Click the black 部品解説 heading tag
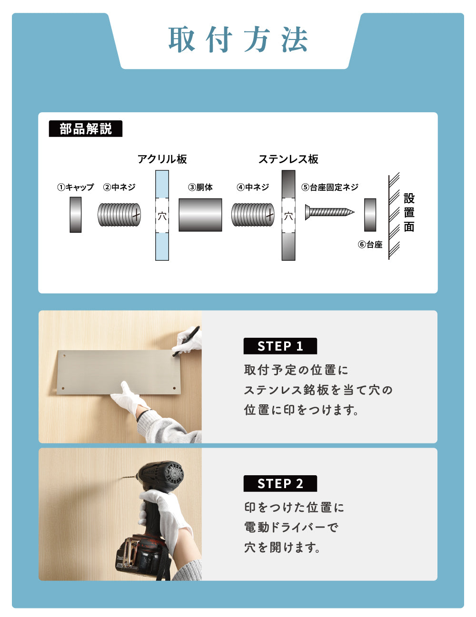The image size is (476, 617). [x=86, y=129]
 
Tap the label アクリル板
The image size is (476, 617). [x=162, y=159]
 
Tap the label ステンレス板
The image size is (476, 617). [x=288, y=159]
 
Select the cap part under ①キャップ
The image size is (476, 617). [x=75, y=215]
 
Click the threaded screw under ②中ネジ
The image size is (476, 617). [x=119, y=215]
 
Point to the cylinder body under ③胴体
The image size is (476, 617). [x=200, y=215]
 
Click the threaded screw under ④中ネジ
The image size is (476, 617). [x=253, y=215]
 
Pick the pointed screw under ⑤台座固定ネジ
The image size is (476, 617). [x=329, y=211]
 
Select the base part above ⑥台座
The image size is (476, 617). [x=370, y=215]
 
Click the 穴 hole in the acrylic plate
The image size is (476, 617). [x=162, y=216]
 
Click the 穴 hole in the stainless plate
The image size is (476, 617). [x=288, y=216]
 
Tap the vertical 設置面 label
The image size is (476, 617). [x=409, y=213]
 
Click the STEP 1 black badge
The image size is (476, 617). [x=280, y=346]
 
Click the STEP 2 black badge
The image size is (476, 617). [x=280, y=484]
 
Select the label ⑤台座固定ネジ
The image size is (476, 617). [x=329, y=187]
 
